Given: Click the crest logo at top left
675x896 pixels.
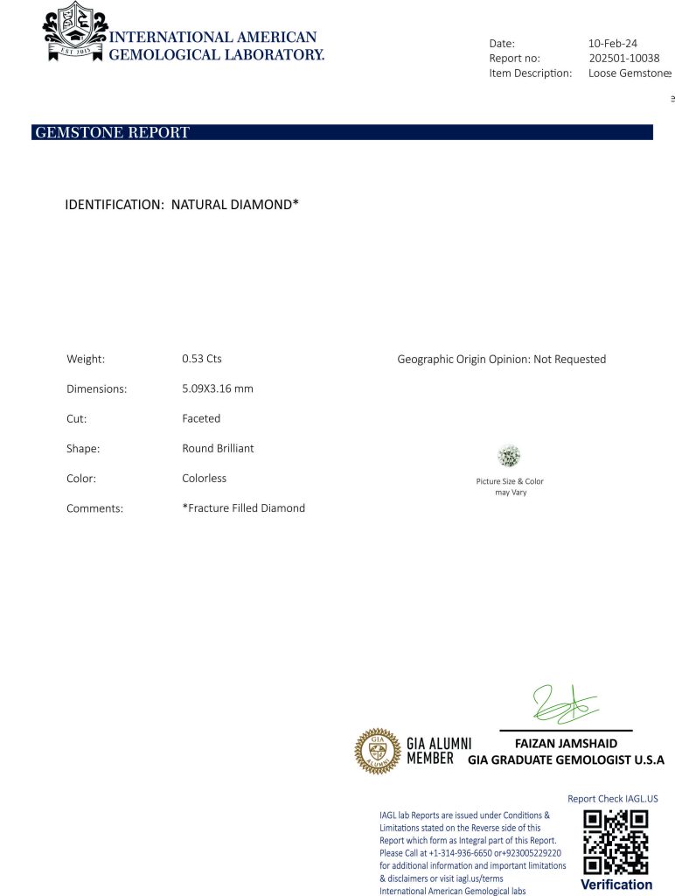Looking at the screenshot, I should (x=74, y=31).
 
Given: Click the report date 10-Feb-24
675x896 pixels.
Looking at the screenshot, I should (x=613, y=43).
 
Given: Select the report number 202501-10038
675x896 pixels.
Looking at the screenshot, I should (x=624, y=58).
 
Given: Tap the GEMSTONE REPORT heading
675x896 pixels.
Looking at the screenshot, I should (x=111, y=133).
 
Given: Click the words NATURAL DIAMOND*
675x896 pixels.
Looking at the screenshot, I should (x=235, y=205).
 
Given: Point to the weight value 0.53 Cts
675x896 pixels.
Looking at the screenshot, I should (x=202, y=359).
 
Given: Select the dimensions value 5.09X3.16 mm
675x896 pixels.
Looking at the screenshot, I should (x=218, y=388).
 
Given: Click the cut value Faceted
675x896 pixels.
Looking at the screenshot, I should (x=201, y=418).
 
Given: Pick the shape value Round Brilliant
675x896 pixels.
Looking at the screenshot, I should (x=218, y=448).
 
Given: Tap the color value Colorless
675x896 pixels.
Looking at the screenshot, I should (x=204, y=479).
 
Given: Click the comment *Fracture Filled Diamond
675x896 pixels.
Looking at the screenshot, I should (x=243, y=508).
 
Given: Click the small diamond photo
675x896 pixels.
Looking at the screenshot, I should (x=509, y=456).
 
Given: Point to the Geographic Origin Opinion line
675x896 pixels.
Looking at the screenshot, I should (x=501, y=360).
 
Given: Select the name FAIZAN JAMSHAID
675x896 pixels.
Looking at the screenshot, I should (x=566, y=744).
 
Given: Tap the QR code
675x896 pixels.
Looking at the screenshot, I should (x=616, y=842).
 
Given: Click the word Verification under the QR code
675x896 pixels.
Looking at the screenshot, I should (x=616, y=885).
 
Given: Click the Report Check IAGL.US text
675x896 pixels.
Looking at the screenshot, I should (x=612, y=798).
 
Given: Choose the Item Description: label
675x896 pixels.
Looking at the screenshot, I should (x=530, y=73).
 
